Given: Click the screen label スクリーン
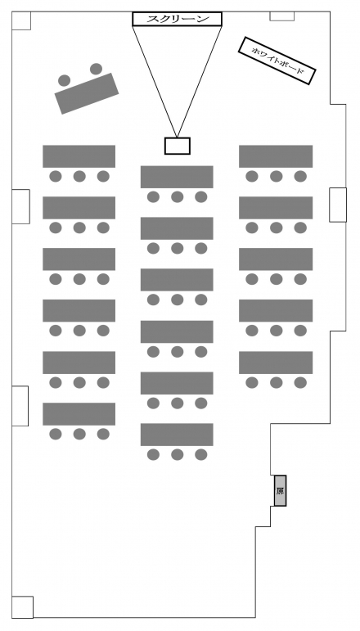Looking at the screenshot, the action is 177,19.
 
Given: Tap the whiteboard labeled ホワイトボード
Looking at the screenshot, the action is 277,61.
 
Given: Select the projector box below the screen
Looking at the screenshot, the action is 177,146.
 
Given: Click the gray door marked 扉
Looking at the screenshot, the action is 280,490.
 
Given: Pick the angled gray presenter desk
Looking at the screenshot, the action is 87,93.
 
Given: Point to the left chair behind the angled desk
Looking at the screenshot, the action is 65,80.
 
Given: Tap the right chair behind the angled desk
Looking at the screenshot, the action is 96,69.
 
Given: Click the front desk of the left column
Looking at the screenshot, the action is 79,156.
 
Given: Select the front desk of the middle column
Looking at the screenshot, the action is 177,177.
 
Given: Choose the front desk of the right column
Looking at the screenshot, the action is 276,156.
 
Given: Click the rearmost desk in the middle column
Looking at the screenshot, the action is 177,435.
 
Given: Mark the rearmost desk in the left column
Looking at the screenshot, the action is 79,413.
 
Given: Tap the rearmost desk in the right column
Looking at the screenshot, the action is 276,363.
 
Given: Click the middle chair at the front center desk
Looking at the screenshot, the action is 177,196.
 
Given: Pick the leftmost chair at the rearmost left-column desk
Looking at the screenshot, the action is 56,434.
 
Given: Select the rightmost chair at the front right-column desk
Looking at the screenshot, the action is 300,176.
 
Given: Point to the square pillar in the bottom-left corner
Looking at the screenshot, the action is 22,606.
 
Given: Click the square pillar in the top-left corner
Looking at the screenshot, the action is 21,20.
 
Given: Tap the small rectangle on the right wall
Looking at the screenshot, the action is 338,205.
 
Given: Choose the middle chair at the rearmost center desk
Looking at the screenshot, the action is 177,455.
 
